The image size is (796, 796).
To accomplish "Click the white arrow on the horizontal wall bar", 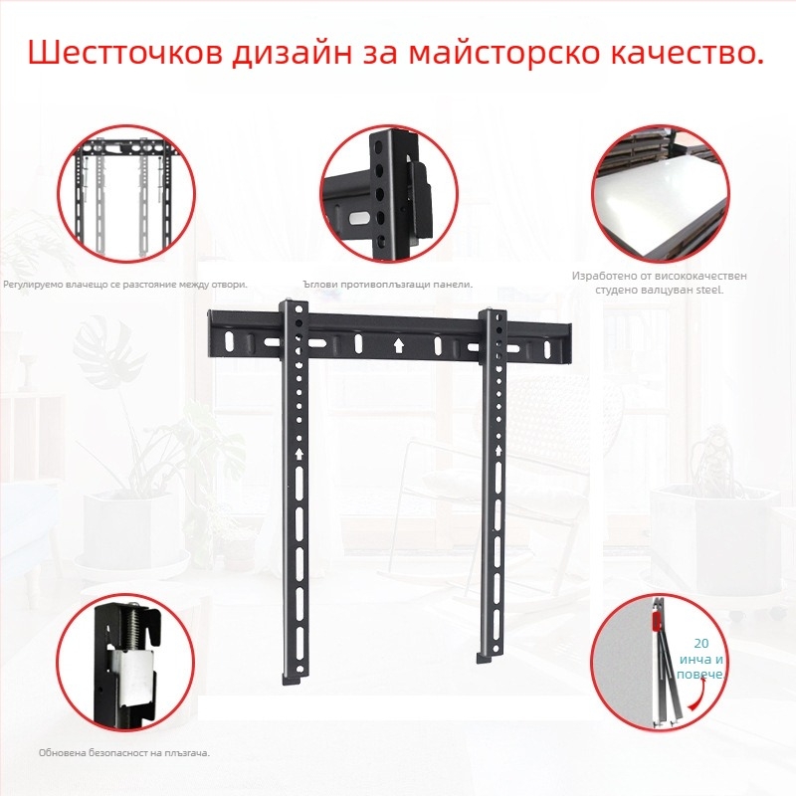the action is click(399, 346).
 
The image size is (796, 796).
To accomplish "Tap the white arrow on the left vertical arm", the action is click(299, 454).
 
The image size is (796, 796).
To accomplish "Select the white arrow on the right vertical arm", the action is click(498, 451).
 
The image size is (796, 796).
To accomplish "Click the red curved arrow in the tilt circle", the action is click(698, 694).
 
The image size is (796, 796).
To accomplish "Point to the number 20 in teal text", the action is click(701, 643).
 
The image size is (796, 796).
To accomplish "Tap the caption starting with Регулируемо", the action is click(125, 285).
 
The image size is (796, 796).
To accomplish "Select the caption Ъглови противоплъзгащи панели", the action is click(387, 285).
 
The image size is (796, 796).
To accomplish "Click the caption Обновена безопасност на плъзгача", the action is click(124, 753).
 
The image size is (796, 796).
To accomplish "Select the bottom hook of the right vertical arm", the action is click(488, 657).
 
